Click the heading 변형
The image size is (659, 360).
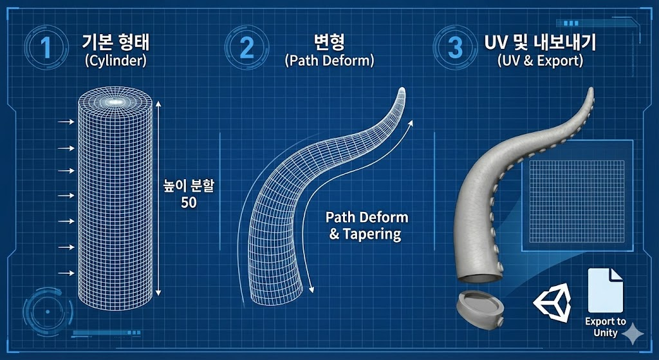[328, 44]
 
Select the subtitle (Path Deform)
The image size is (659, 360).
[329, 62]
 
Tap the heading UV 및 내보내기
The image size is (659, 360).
[540, 44]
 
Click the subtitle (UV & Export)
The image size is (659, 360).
[540, 62]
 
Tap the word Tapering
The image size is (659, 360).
[371, 234]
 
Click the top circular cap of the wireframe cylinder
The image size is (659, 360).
[115, 101]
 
